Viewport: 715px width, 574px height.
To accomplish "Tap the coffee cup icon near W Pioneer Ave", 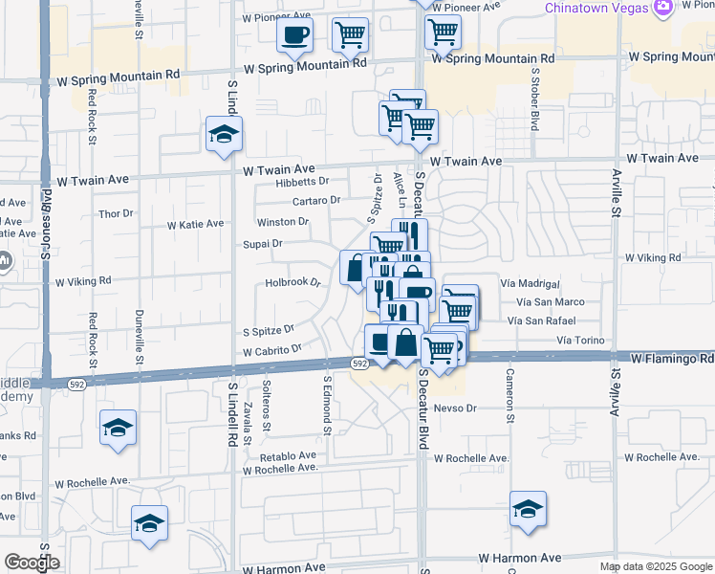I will point(294,35).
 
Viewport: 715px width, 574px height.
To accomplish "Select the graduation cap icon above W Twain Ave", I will point(224,135).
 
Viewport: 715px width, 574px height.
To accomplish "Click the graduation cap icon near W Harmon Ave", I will point(528,510).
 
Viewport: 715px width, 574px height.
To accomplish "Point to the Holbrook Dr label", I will point(291,283).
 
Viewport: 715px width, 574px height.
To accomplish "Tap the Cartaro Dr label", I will point(316,200).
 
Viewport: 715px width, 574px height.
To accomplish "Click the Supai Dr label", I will point(263,244).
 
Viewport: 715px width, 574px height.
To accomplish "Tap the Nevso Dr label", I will point(454,408).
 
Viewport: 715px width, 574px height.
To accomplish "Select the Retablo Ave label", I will point(279,455).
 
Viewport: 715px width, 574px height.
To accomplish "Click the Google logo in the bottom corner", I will point(32,563).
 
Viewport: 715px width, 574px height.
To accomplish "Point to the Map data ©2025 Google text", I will point(657,566).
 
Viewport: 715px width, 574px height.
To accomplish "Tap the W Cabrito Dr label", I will point(272,351).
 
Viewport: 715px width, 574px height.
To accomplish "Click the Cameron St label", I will point(510,396).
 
